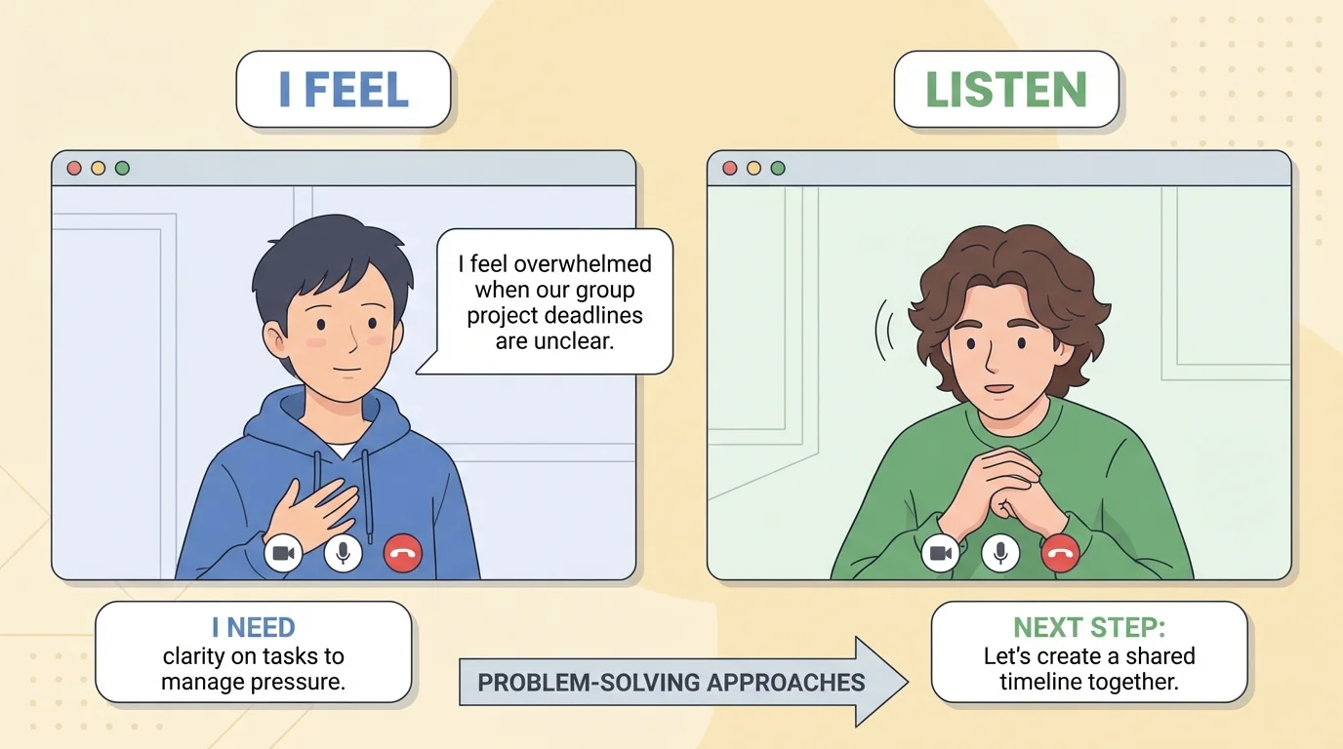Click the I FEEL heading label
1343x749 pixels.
pos(343,90)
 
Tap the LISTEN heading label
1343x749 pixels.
pos(1005,90)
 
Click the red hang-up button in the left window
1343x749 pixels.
pos(402,554)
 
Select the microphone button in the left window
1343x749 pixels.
pos(343,554)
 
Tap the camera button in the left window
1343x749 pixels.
pos(283,554)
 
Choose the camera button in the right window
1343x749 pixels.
pos(941,554)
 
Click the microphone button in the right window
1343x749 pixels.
pos(1000,554)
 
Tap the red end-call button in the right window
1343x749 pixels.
pos(1060,554)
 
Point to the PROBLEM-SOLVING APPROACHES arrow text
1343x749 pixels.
pos(671,682)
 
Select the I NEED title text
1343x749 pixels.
pos(253,628)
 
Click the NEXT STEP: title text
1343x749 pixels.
pos(1088,627)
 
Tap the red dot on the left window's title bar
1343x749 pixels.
pos(74,168)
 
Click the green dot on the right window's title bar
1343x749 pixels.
pos(778,168)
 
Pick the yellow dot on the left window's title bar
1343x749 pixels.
pos(98,168)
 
